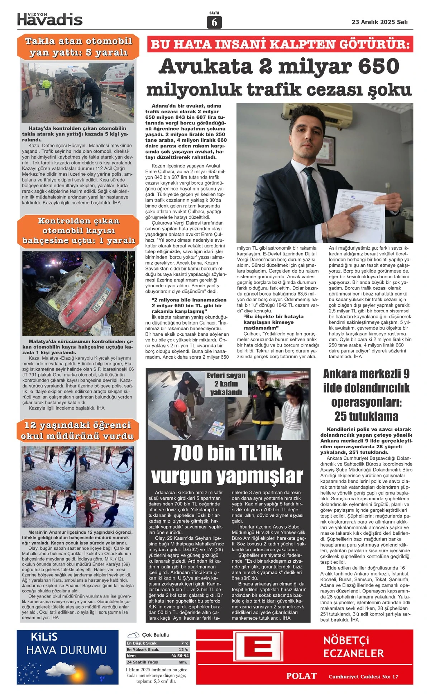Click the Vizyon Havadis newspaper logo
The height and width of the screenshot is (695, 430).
tap(50, 19)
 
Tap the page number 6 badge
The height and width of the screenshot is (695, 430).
tap(214, 22)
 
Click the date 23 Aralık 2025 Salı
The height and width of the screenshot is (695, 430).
tap(379, 22)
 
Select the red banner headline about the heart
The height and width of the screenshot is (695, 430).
tap(280, 44)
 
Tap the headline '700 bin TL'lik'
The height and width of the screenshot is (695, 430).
tap(227, 453)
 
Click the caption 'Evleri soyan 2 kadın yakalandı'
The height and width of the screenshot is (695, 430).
tap(226, 384)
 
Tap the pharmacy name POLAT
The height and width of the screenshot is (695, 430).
tap(301, 676)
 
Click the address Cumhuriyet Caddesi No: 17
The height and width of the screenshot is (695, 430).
tap(363, 676)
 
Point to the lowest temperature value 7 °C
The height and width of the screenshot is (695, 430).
tap(185, 643)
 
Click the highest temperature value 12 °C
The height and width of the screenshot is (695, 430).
tap(183, 649)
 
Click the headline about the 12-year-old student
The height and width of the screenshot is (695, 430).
tap(77, 430)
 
